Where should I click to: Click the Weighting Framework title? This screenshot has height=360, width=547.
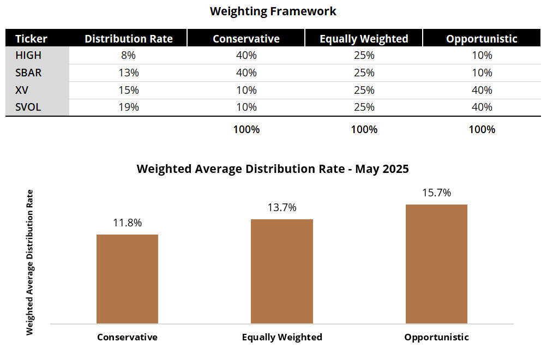273,11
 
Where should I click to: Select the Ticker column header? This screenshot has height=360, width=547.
31,38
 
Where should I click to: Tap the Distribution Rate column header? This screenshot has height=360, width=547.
129,38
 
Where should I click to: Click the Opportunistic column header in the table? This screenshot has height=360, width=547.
482,38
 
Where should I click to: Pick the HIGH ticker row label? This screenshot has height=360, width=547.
28,55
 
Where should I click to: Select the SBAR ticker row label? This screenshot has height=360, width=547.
28,73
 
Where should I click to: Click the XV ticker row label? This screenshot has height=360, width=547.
22,90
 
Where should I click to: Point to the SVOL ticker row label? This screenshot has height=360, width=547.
28,107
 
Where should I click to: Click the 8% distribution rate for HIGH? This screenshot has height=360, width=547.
129,55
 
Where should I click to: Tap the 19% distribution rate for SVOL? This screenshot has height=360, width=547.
129,107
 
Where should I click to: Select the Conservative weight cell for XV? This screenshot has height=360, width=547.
246,90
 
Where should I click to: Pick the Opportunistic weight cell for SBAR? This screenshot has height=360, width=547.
482,73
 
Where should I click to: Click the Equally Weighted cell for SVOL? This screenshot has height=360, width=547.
364,107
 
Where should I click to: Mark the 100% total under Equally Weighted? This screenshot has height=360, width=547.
364,130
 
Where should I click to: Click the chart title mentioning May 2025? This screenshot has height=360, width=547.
273,169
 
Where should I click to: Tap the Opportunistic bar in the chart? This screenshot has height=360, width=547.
436,265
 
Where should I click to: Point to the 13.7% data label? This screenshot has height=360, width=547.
282,208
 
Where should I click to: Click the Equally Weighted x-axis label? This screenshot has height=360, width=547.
282,337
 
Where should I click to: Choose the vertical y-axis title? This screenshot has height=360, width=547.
30,262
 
